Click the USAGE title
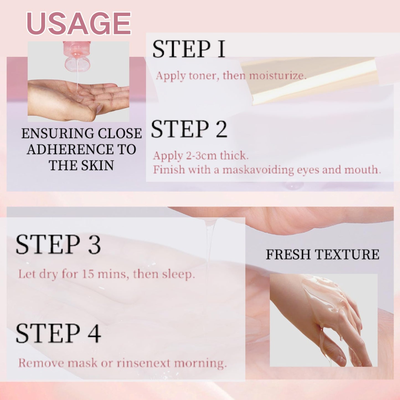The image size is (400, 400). (x=79, y=23)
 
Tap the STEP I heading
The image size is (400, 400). (x=189, y=49)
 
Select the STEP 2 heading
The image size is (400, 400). (x=189, y=129)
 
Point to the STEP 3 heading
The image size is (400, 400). (x=58, y=244)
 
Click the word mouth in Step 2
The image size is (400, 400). (x=363, y=170)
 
